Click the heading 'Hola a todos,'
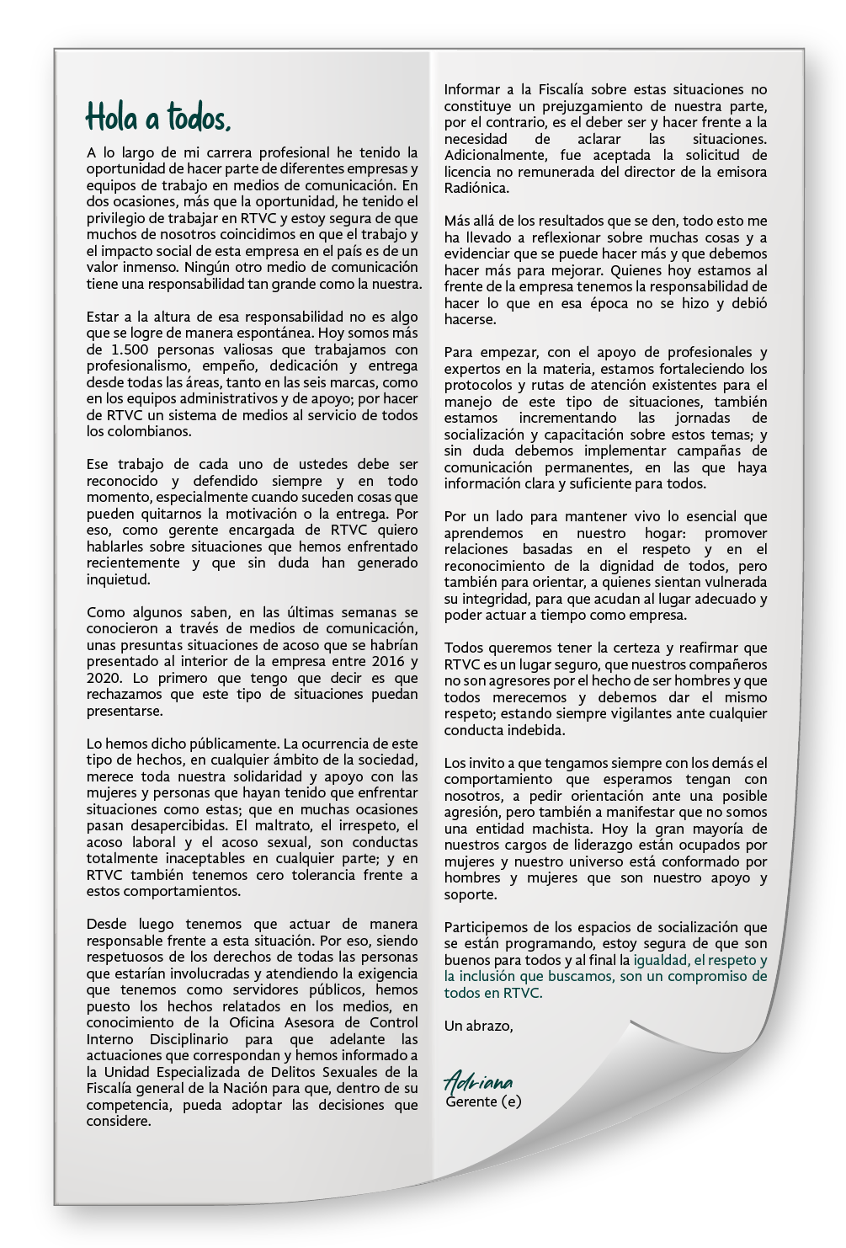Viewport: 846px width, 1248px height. click(x=157, y=119)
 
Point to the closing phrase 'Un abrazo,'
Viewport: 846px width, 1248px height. click(x=478, y=1026)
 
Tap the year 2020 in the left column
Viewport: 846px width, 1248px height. click(x=103, y=678)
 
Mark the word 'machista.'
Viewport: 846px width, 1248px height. click(x=524, y=828)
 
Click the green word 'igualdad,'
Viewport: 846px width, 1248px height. click(x=662, y=960)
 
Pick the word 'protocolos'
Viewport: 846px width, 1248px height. click(x=477, y=384)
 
